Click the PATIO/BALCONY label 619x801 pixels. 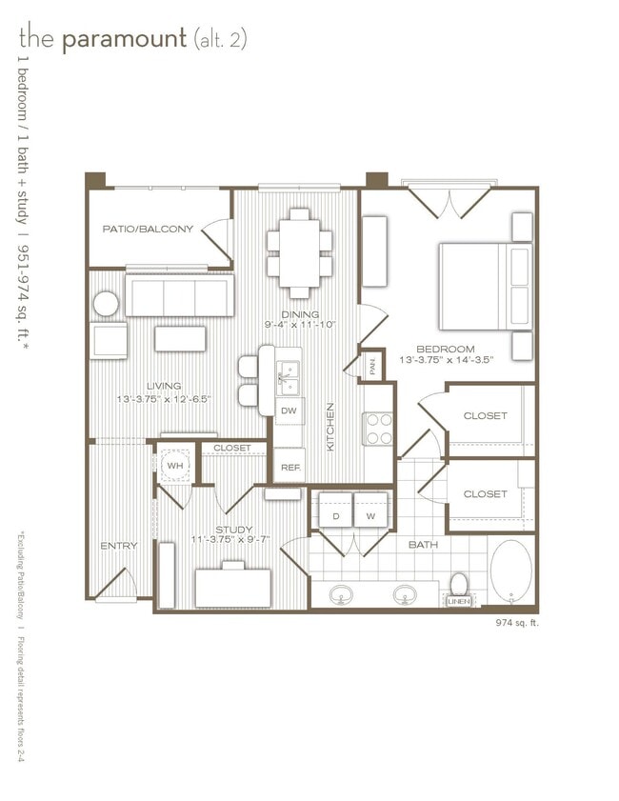(148, 229)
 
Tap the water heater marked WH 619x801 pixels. (175, 466)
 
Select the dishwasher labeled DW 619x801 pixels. (289, 410)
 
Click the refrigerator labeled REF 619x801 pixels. (290, 468)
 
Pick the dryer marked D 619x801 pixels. (334, 515)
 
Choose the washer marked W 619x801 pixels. (370, 515)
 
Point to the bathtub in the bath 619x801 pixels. (511, 572)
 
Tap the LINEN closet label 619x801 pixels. (458, 601)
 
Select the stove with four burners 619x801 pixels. (378, 428)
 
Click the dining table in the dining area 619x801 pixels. (300, 248)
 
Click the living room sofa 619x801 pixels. (180, 296)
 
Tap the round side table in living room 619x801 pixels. (106, 304)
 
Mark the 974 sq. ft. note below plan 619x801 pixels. (517, 623)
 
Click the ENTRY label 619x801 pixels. (118, 546)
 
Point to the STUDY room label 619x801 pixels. (233, 530)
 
